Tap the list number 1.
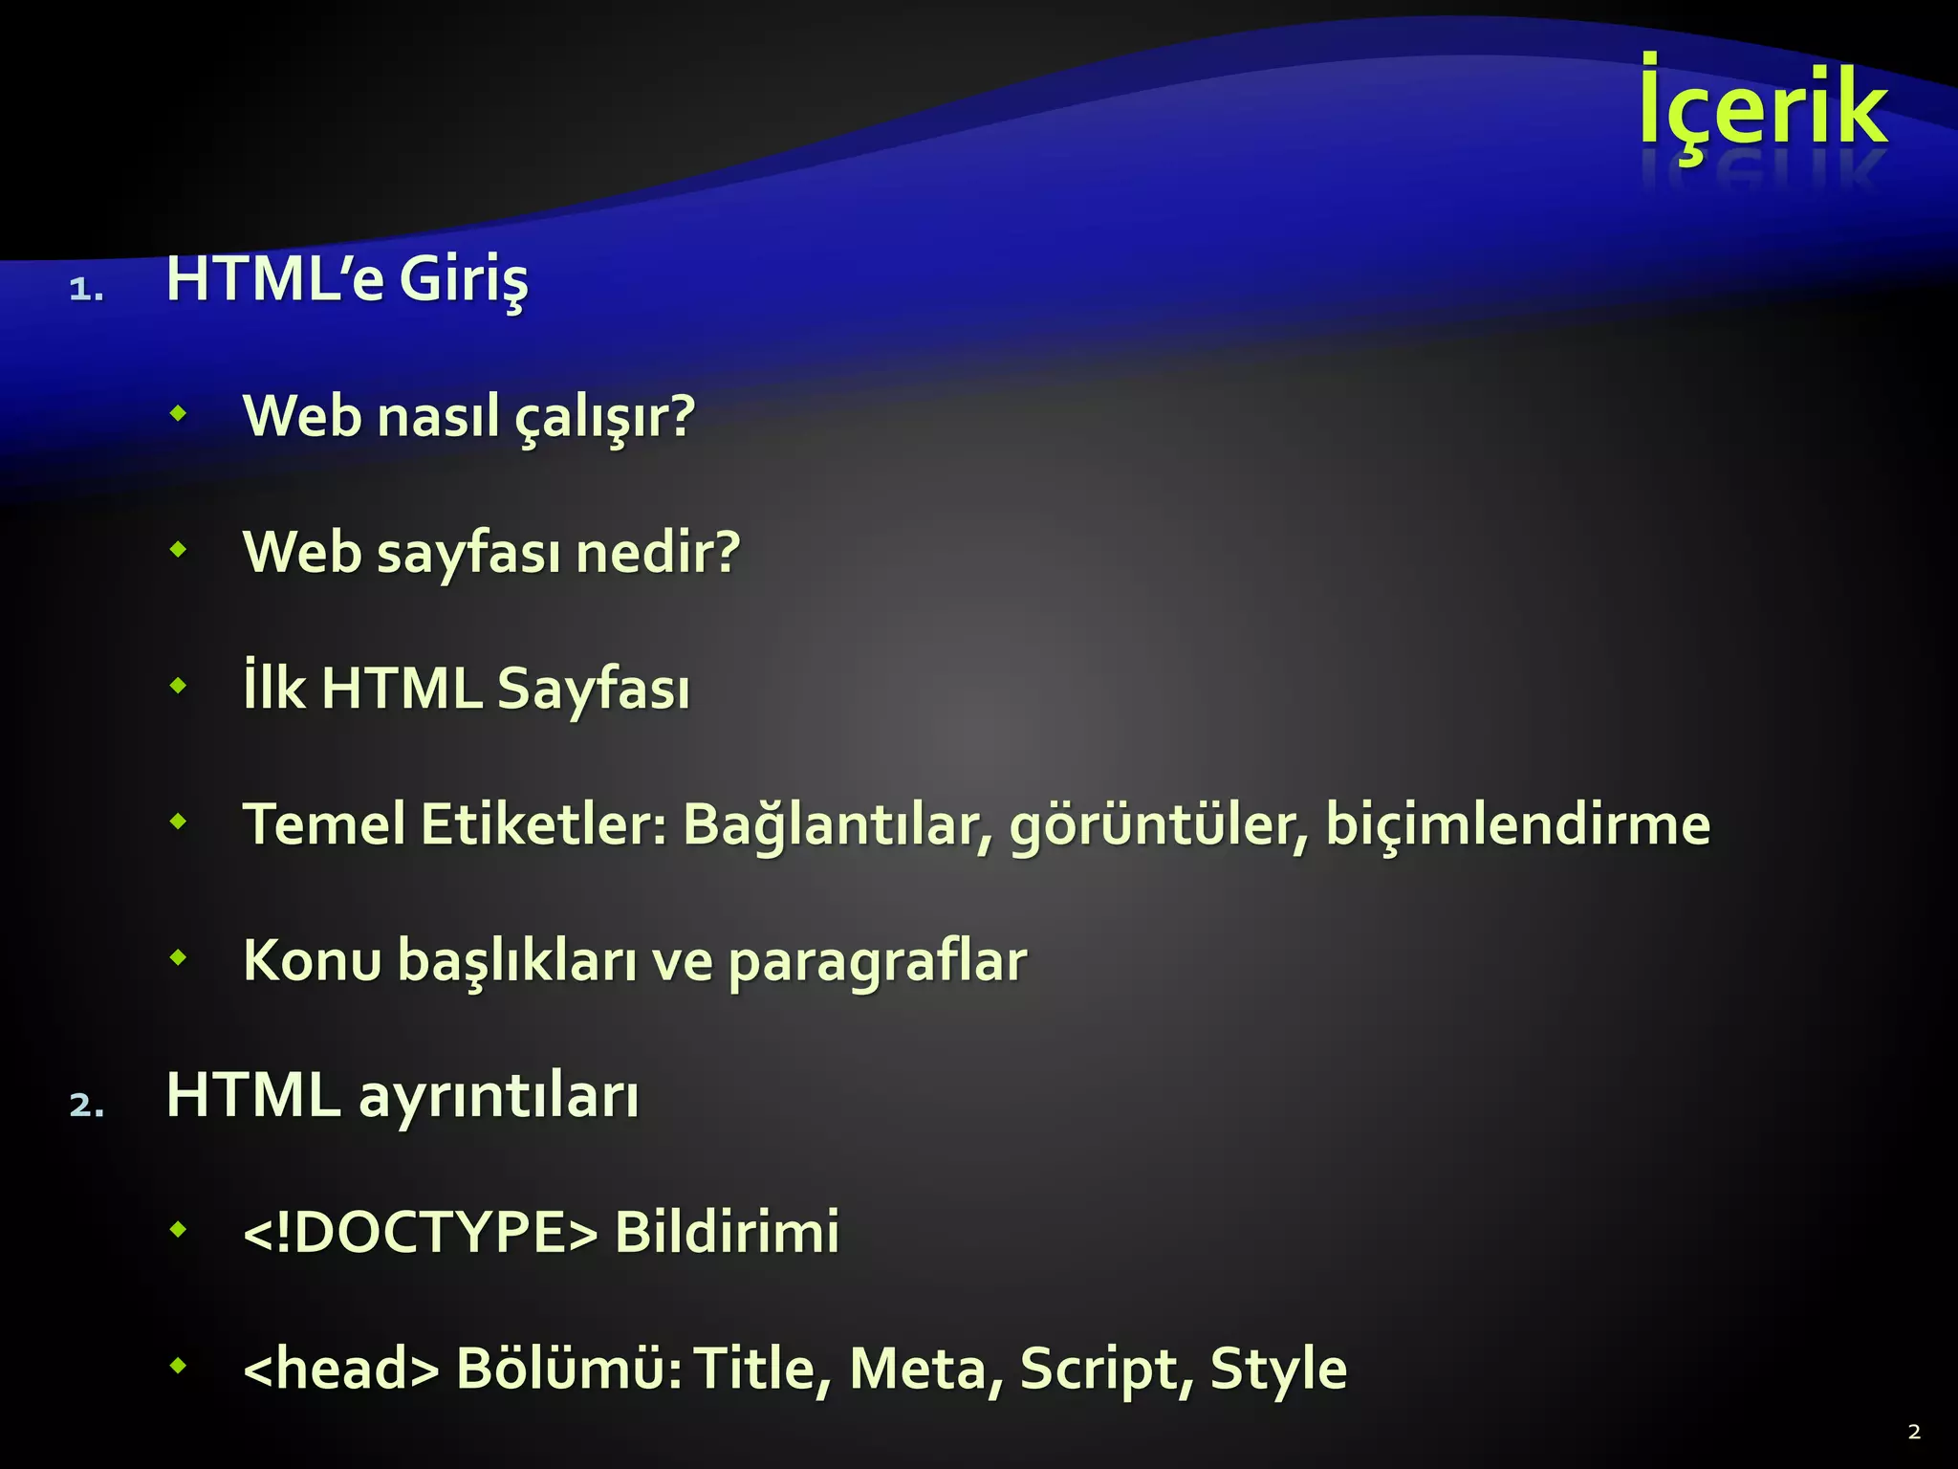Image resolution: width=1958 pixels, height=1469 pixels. [85, 290]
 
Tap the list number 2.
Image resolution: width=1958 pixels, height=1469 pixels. [86, 1106]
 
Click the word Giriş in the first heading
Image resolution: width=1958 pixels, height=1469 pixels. [463, 281]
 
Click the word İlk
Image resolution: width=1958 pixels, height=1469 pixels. [274, 688]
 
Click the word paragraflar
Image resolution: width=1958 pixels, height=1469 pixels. [877, 962]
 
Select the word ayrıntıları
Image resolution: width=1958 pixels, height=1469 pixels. [498, 1097]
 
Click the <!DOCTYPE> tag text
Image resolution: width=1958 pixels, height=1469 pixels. [421, 1232]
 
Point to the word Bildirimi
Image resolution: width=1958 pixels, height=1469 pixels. [727, 1232]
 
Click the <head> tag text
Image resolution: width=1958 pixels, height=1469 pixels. [341, 1369]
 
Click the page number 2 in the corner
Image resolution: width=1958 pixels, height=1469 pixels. [1913, 1432]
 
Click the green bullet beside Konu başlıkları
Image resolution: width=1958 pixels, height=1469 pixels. [178, 956]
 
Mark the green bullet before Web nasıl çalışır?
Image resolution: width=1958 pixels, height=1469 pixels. [178, 414]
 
